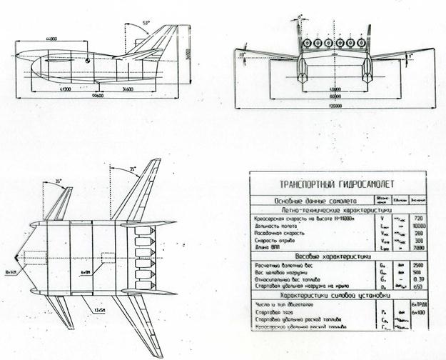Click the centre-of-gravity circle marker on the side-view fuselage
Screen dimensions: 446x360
point(86,66)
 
